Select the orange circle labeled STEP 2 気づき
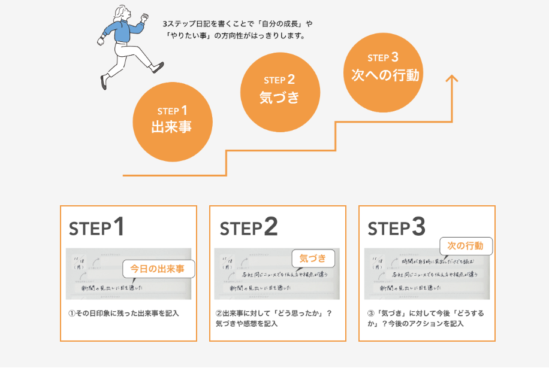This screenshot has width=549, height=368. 279,89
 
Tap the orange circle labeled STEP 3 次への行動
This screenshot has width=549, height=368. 384,67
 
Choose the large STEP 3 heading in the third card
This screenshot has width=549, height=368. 396,227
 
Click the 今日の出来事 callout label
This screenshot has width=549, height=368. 154,269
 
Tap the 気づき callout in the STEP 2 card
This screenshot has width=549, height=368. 312,258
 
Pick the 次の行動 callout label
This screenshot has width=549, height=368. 466,245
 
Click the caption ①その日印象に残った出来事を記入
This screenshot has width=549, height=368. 123,313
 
